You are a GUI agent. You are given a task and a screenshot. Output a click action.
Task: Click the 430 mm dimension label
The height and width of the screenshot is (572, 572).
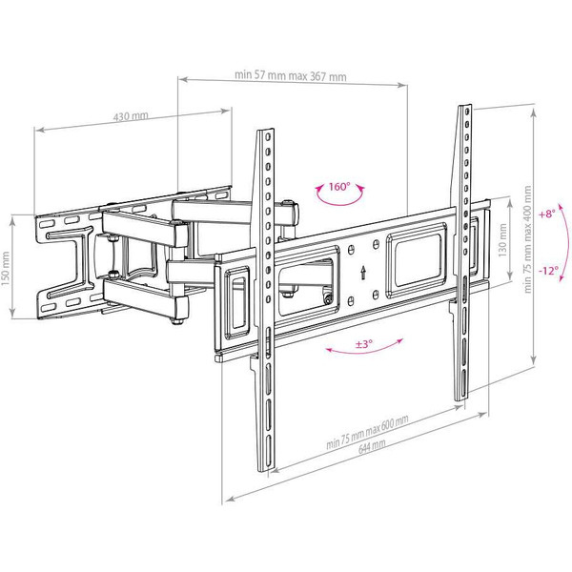pyautogui.click(x=132, y=116)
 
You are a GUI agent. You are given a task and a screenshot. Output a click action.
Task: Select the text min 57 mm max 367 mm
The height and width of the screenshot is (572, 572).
pyautogui.click(x=290, y=77)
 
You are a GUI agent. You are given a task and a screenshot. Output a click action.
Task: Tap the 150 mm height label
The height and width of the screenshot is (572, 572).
pyautogui.click(x=9, y=266)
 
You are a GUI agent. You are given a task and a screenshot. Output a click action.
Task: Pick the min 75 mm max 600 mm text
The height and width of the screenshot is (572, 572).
pyautogui.click(x=366, y=434)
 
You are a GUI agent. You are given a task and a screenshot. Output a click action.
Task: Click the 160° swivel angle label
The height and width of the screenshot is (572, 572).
pyautogui.click(x=339, y=187)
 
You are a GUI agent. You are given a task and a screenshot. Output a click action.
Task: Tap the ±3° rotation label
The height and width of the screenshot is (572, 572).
pyautogui.click(x=362, y=344)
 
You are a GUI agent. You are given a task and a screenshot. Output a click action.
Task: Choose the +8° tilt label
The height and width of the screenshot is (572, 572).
pyautogui.click(x=545, y=214)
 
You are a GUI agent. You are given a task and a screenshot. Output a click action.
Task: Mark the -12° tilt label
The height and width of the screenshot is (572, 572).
pyautogui.click(x=547, y=270)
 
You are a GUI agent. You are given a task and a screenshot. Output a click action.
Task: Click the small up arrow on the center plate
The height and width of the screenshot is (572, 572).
pyautogui.click(x=364, y=271)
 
